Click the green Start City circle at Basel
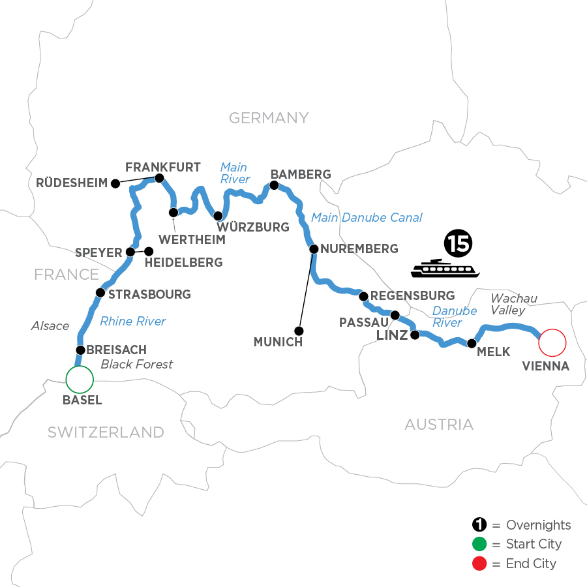pos(80,378)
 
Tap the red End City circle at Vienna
pos(552,341)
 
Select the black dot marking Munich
pos(299,330)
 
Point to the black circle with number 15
pos(457,243)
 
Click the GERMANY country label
pos(268,118)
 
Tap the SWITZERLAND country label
pos(105,432)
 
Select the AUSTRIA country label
pos(439,425)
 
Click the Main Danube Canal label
pos(367,218)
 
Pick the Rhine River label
pos(133,321)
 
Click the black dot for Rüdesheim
pos(115,183)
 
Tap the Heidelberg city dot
pos(149,251)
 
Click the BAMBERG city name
pos(301,174)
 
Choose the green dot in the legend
pos(479,544)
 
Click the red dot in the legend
pos(479,563)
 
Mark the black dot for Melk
pos(471,342)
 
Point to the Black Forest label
pos(137,364)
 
